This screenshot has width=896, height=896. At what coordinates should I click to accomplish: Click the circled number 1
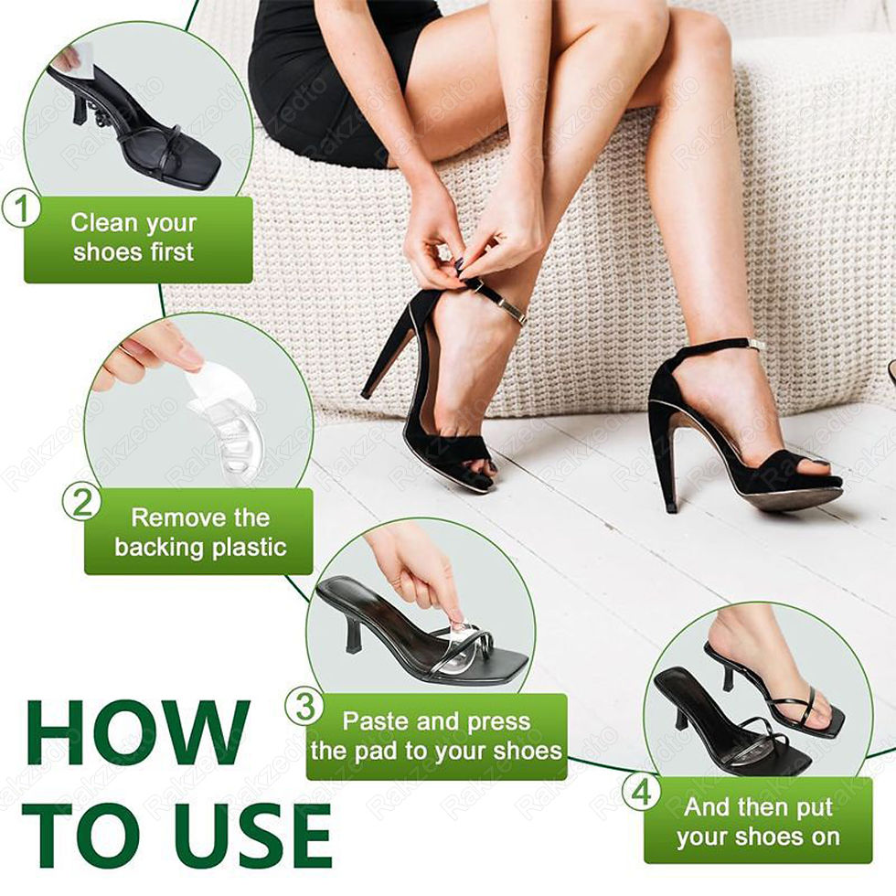pyautogui.click(x=20, y=208)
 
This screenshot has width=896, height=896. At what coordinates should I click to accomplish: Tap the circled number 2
pyautogui.click(x=81, y=502)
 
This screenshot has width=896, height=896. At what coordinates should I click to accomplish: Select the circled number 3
pyautogui.click(x=304, y=706)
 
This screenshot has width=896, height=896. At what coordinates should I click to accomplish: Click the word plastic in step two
pyautogui.click(x=249, y=548)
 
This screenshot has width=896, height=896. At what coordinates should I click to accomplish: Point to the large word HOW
pyautogui.click(x=138, y=732)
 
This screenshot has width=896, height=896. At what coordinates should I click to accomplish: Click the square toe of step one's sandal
pyautogui.click(x=201, y=168)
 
